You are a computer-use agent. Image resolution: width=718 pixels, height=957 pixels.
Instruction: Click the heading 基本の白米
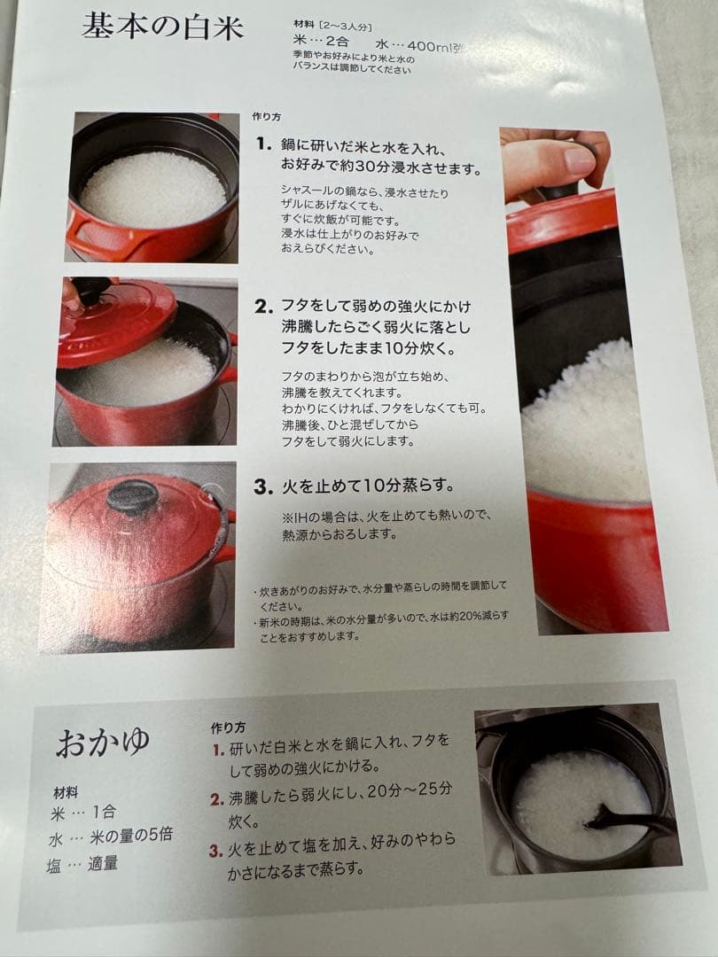click(x=163, y=27)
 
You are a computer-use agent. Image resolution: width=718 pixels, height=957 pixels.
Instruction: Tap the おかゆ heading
click(x=103, y=743)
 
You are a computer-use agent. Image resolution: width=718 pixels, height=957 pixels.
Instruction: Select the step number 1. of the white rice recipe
click(x=264, y=144)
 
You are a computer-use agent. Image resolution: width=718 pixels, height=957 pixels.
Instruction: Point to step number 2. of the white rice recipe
click(x=264, y=307)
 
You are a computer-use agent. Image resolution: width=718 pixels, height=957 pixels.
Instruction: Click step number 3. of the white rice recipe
click(x=263, y=487)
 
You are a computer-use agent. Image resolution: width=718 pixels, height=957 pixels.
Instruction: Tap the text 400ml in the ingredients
click(x=430, y=46)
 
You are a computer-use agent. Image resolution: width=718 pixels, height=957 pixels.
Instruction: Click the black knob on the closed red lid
click(x=132, y=495)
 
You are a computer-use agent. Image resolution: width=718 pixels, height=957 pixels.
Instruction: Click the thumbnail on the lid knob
click(x=579, y=159)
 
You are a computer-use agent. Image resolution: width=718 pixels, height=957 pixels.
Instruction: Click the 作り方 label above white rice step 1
click(x=266, y=117)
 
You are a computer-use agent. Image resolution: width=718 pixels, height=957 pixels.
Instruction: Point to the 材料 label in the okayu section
click(x=66, y=793)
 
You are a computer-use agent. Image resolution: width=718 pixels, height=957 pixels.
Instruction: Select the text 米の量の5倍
click(x=131, y=836)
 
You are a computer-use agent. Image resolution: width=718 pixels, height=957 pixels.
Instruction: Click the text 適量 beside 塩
click(x=103, y=863)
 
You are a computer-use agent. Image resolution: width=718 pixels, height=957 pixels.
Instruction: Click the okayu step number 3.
click(x=215, y=851)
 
